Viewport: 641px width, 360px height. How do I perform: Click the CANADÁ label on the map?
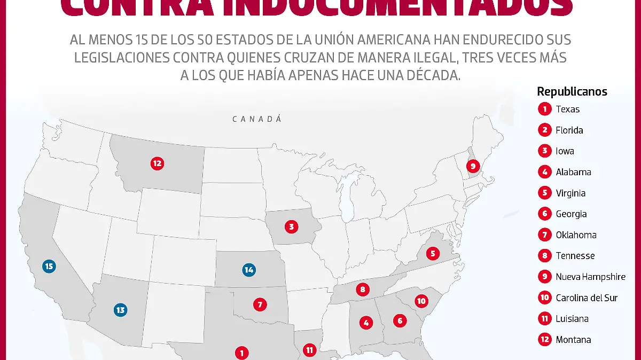(x=257, y=119)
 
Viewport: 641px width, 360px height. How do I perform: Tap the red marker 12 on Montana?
(x=157, y=163)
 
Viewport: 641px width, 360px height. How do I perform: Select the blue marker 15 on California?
(x=50, y=266)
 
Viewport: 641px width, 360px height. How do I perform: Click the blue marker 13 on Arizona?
(x=120, y=309)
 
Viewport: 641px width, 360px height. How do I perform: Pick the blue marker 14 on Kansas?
(x=248, y=270)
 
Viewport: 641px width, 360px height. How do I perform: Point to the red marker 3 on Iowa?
(x=291, y=227)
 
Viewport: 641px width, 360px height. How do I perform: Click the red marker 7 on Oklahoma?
(x=260, y=305)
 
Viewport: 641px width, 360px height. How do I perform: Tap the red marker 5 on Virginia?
(x=433, y=253)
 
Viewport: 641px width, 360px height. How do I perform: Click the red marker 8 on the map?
(x=363, y=290)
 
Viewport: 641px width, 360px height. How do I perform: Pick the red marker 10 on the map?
(x=421, y=301)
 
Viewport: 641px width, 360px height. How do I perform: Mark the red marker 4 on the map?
(x=366, y=323)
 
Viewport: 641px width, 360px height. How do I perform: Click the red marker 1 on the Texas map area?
(x=241, y=353)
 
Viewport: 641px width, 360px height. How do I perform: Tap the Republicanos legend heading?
(x=572, y=91)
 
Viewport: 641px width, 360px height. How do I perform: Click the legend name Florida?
(x=569, y=130)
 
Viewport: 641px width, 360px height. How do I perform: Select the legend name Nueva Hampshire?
(x=590, y=277)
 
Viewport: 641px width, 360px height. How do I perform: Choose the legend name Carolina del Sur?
(x=587, y=298)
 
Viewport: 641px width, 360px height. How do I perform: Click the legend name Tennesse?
(x=575, y=256)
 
